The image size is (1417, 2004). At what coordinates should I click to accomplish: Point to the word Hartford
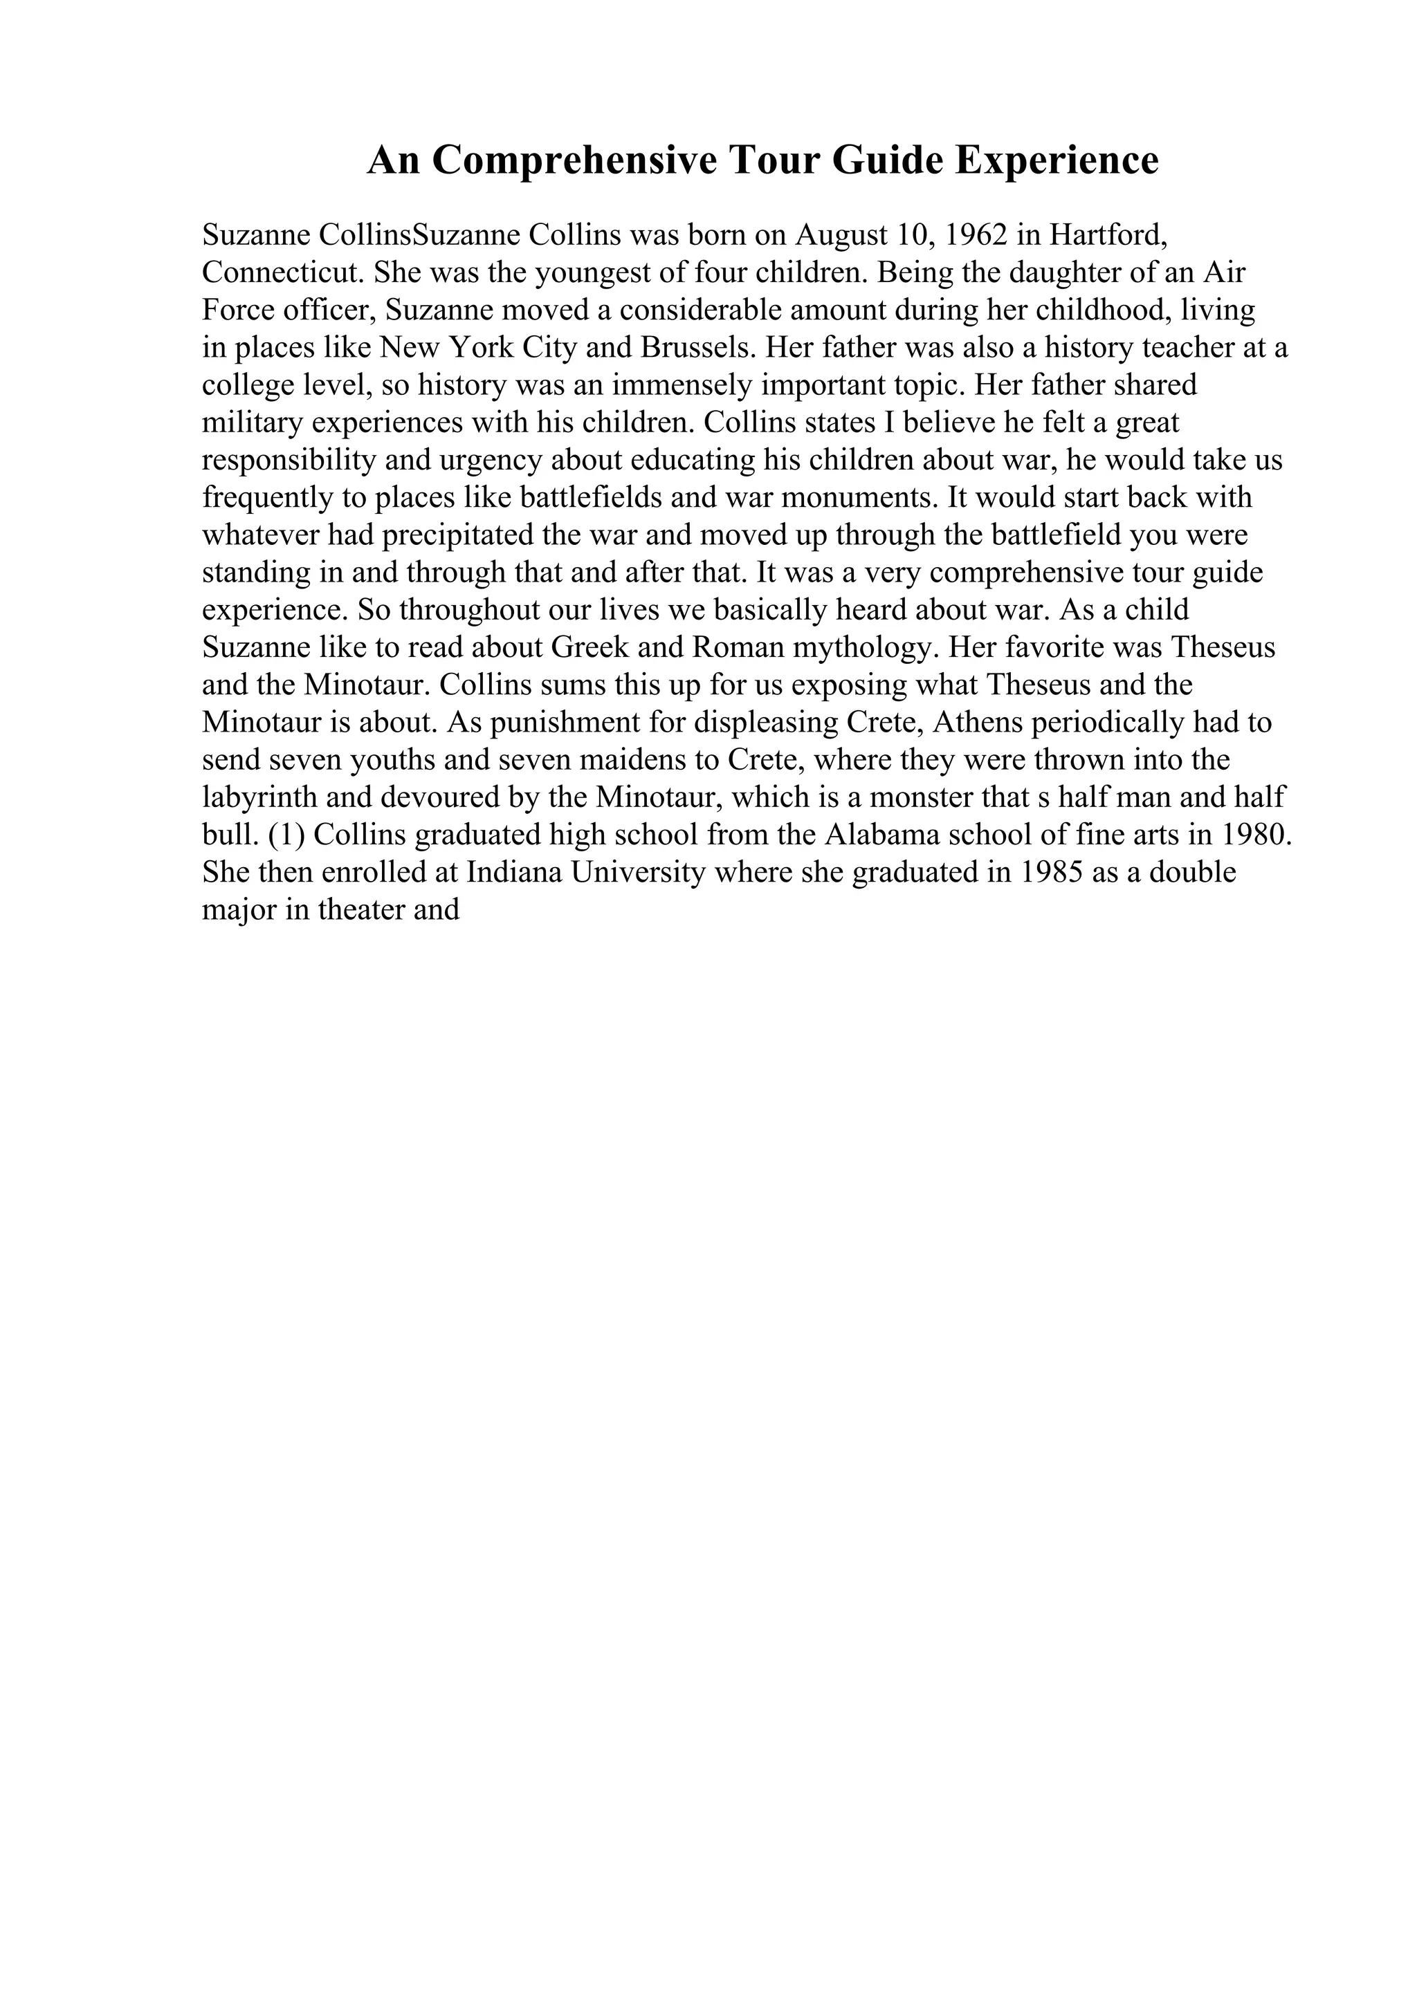coord(1108,235)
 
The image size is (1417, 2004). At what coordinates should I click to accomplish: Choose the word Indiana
coord(514,873)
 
